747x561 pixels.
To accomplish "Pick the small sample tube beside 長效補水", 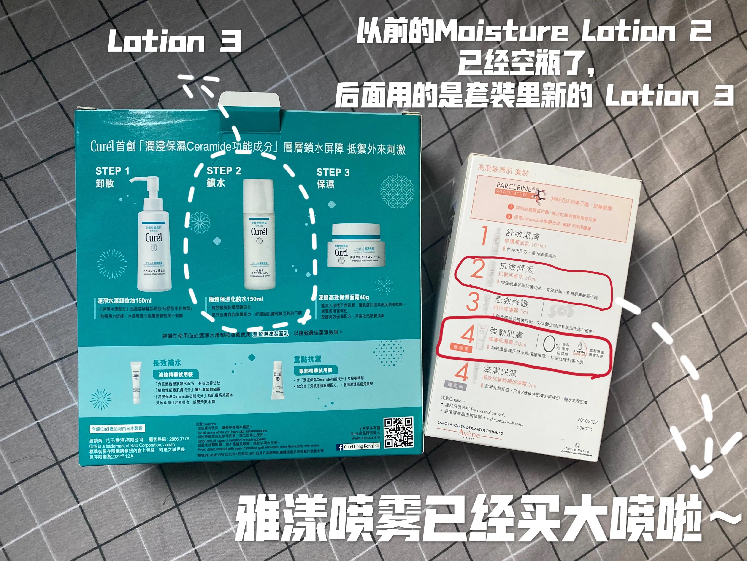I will (136, 382).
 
